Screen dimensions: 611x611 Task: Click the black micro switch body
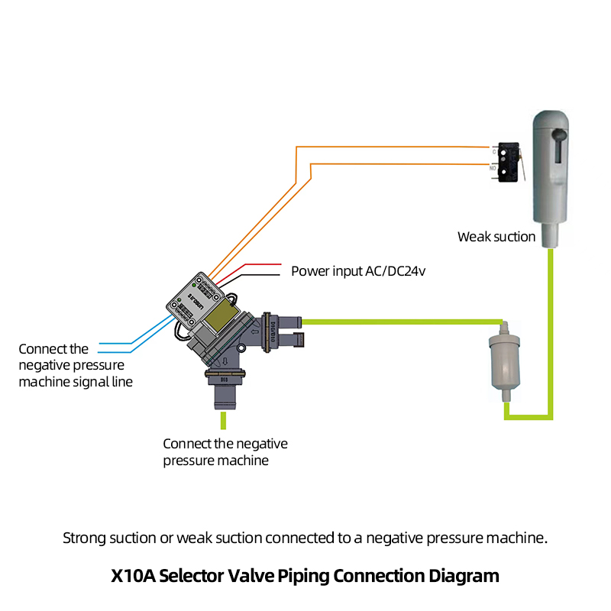pos(506,161)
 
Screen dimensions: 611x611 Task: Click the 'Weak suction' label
pos(496,237)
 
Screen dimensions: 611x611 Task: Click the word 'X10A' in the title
pos(137,575)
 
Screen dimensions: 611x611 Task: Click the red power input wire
pos(260,265)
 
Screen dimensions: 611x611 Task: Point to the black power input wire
pos(260,275)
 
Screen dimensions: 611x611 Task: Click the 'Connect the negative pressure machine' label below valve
pos(225,452)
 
